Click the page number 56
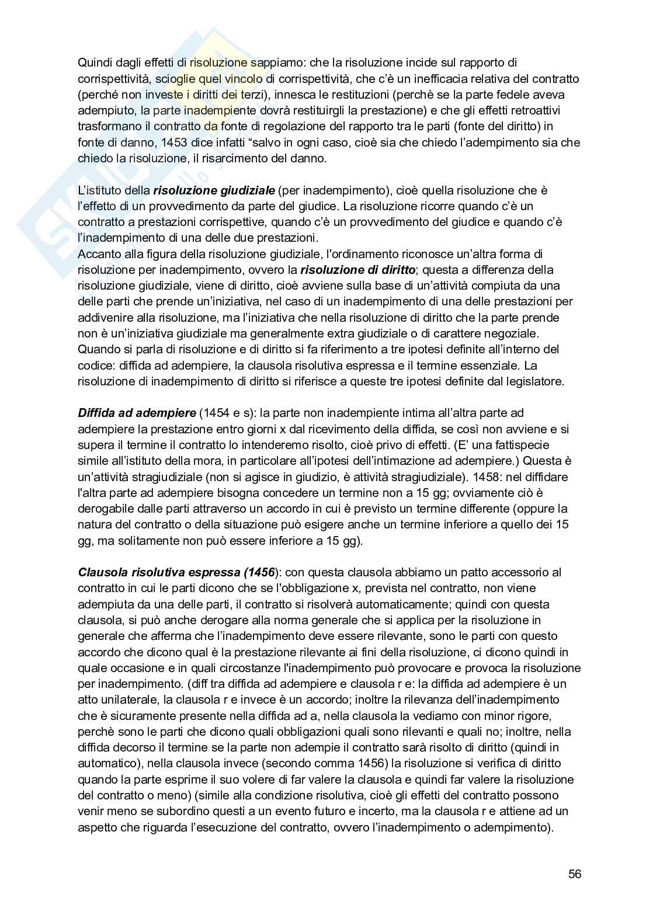click(x=574, y=874)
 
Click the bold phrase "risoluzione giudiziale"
click(x=213, y=190)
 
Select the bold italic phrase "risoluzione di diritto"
click(x=358, y=270)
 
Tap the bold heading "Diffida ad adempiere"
click(x=137, y=413)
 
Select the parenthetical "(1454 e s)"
click(x=226, y=413)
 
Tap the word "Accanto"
click(x=98, y=254)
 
